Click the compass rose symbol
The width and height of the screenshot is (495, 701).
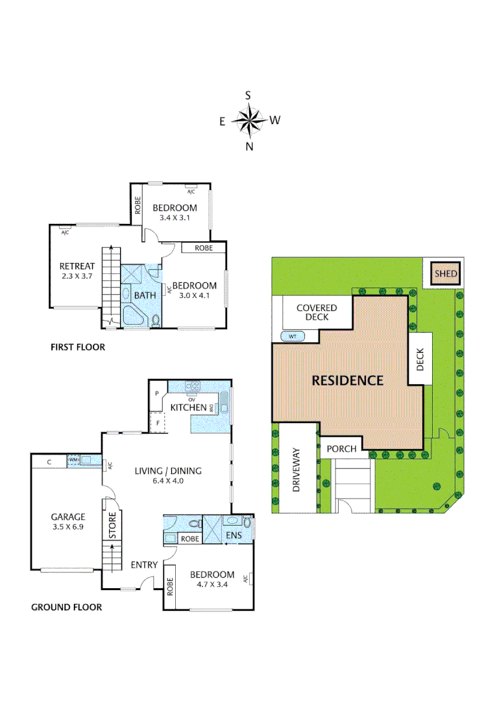tap(249, 120)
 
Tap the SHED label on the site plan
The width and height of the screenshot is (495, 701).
tap(446, 274)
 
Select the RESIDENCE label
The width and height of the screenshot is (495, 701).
tap(348, 380)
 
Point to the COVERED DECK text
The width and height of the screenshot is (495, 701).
tap(317, 312)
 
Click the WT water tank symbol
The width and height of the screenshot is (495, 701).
tap(293, 336)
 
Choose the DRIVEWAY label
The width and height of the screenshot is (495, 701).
tap(296, 469)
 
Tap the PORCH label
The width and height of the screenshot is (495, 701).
tap(341, 449)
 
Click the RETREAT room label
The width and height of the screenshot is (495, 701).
tap(77, 266)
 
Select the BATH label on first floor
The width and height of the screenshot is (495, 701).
tap(145, 295)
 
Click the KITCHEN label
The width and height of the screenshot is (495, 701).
tap(188, 407)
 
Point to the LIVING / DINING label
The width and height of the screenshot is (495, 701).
tap(168, 471)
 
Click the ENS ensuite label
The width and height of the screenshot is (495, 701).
tap(234, 536)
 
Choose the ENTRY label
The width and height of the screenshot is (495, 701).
tap(144, 565)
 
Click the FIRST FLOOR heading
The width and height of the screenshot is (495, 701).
tap(78, 347)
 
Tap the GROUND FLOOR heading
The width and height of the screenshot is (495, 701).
tap(67, 608)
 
